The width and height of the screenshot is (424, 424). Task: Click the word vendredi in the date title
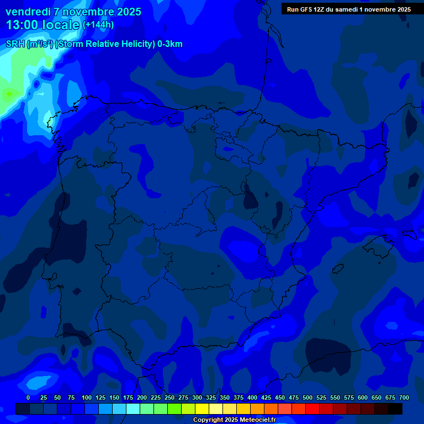pos(28,12)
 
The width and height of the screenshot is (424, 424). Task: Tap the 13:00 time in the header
pos(23,25)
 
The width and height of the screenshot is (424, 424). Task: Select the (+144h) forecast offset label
pos(98,25)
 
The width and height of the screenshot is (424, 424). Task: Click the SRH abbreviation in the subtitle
pos(15,44)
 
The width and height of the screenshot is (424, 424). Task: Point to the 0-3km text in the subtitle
pos(169,44)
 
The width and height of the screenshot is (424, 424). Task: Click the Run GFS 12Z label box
pos(348,9)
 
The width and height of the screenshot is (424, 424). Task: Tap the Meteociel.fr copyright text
pos(234,420)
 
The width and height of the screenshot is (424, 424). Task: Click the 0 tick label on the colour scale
pos(28,397)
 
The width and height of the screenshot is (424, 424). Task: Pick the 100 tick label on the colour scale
pos(87,397)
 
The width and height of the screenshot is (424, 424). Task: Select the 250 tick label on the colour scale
pos(169,397)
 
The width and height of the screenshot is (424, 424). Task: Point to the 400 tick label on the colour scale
pos(252,397)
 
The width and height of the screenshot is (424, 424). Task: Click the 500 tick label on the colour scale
pos(308,397)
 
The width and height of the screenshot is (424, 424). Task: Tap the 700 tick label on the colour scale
pos(404,397)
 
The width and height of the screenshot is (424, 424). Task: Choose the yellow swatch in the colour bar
pos(202,409)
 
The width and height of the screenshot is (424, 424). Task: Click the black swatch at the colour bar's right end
pos(395,409)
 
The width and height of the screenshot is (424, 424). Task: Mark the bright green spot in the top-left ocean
pos(9,94)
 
